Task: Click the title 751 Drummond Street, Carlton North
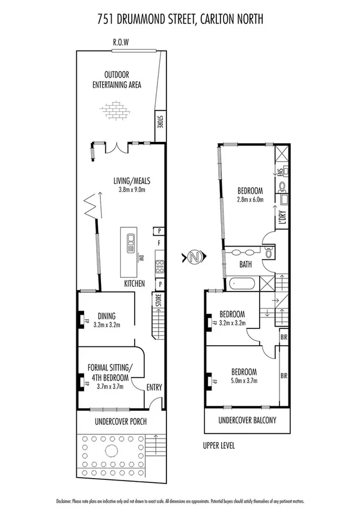tap(180, 20)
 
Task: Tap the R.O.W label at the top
tap(121, 43)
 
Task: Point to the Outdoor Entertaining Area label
tap(117, 80)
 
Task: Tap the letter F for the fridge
tap(158, 243)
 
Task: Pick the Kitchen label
tap(135, 283)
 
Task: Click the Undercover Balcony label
tap(247, 420)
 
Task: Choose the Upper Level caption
tap(219, 446)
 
